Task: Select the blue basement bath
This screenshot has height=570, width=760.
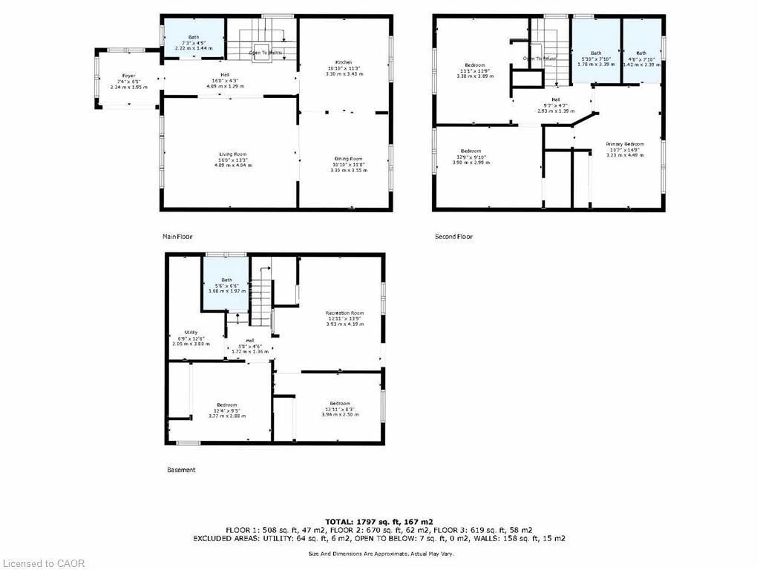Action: point(226,285)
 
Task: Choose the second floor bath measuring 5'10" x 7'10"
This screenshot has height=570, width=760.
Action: point(596,58)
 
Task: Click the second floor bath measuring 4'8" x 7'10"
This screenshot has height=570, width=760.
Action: point(641,58)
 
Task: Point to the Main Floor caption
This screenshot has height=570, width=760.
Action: point(177,237)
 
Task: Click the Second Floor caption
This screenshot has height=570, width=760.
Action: point(453,237)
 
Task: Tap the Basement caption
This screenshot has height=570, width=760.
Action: point(180,470)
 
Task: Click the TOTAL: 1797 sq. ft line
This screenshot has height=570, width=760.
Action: point(379,521)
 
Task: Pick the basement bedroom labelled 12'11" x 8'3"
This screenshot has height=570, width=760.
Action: point(340,408)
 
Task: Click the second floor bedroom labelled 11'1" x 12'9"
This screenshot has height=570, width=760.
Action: point(474,70)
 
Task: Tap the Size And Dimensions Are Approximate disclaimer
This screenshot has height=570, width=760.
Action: point(379,554)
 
